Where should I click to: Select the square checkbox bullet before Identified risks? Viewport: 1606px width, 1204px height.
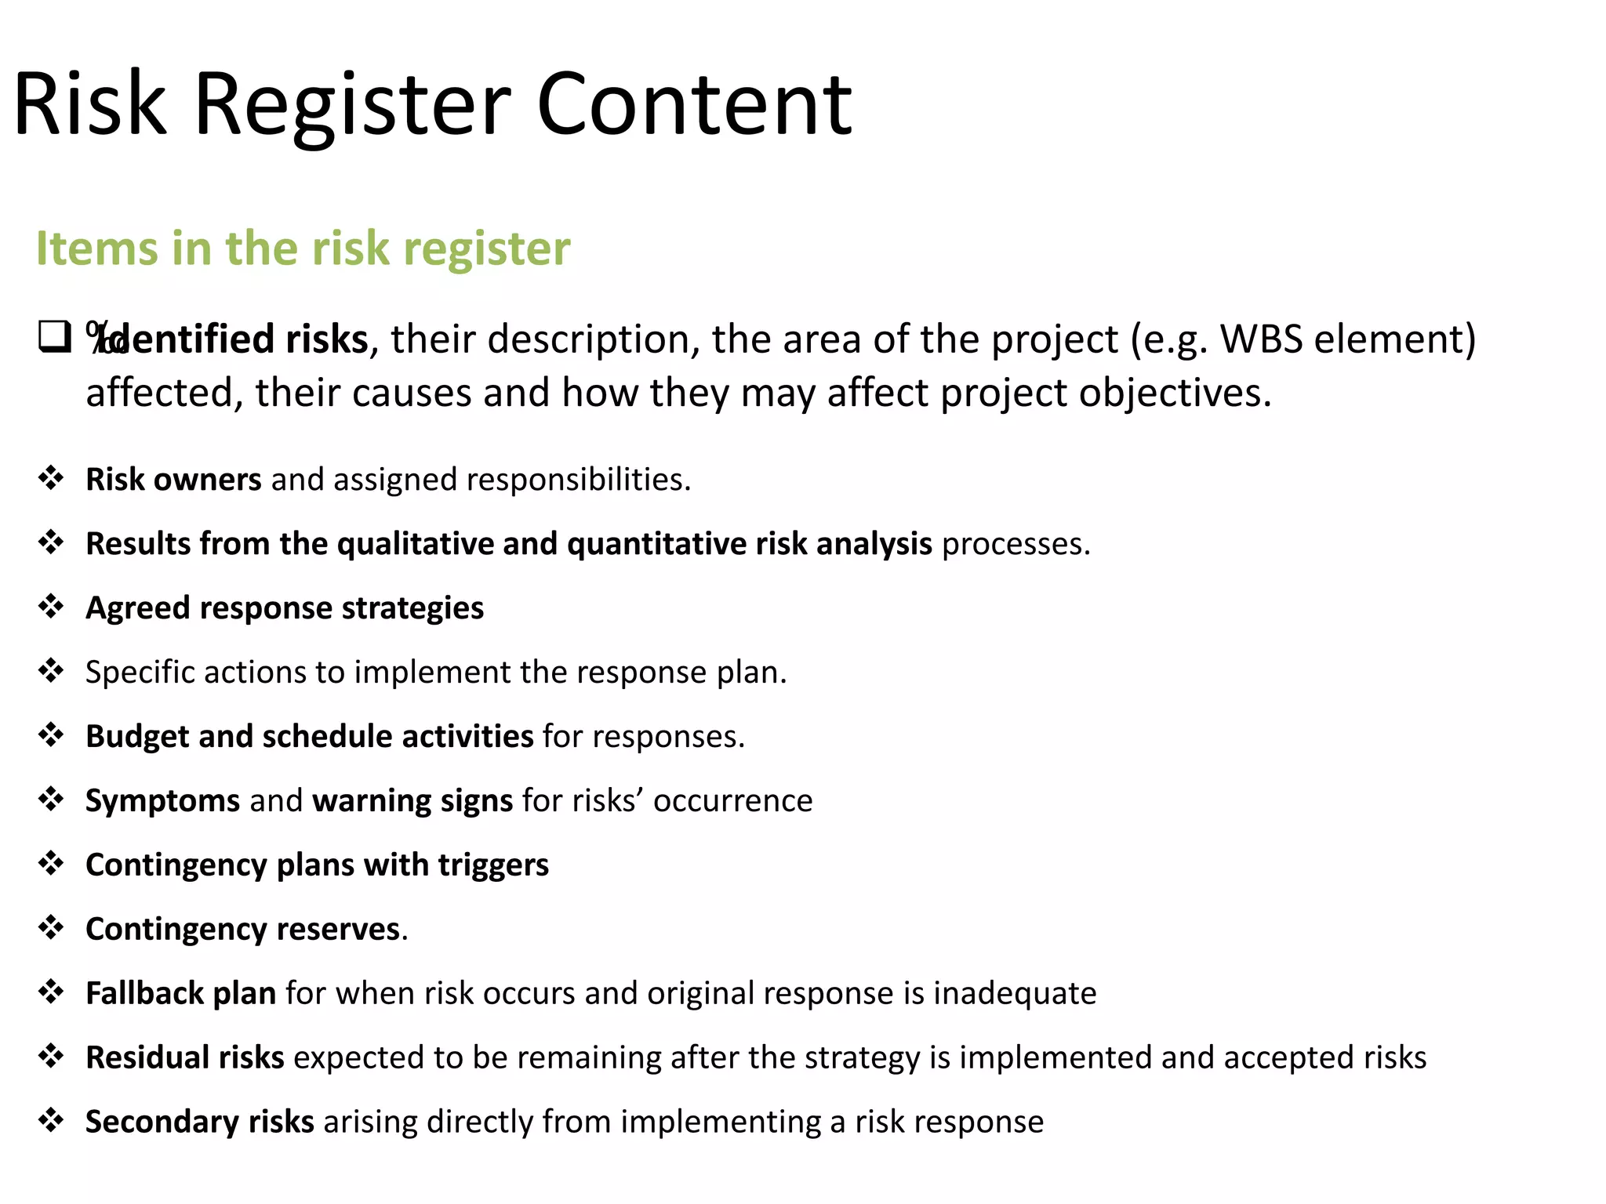pos(55,337)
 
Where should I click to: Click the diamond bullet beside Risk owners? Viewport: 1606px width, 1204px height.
pos(52,477)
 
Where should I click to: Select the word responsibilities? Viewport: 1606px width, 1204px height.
pos(578,480)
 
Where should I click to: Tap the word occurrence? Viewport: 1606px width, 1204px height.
pos(732,801)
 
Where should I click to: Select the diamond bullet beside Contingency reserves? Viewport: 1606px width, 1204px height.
pos(52,927)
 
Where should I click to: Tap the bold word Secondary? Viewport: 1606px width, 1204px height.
pos(161,1122)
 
